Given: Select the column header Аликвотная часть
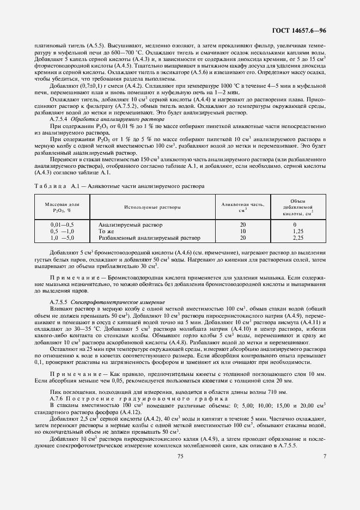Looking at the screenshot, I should point(242,208).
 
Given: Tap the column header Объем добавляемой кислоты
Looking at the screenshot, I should point(297,208).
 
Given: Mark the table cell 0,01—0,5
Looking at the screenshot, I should point(62,224).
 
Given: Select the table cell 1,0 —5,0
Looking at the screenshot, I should point(62,238).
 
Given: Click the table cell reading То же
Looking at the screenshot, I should point(106,232).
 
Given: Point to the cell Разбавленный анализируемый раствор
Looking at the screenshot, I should point(149,238).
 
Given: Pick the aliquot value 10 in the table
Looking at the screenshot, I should point(242,232).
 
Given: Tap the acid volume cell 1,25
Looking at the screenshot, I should point(297,232).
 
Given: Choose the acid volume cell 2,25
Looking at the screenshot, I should point(297,238).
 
